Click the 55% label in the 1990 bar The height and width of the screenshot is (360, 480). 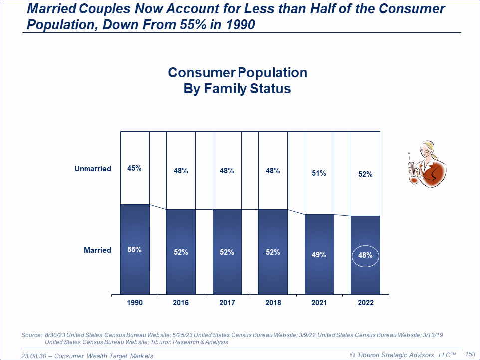(134, 250)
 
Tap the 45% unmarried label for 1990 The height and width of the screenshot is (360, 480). (134, 168)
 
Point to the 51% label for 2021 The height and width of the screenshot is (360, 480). (319, 173)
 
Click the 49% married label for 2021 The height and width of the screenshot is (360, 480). (319, 255)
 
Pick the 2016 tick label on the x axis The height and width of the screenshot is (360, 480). (181, 303)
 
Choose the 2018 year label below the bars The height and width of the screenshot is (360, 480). (273, 303)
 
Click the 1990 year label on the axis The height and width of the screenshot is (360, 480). (134, 303)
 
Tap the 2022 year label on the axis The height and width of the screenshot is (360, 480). (365, 303)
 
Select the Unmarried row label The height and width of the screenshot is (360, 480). (93, 169)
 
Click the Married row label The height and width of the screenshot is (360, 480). (97, 250)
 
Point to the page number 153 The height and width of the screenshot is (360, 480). (470, 354)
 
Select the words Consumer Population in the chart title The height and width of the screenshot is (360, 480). (238, 73)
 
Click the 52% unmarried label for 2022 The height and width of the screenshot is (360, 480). (365, 175)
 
